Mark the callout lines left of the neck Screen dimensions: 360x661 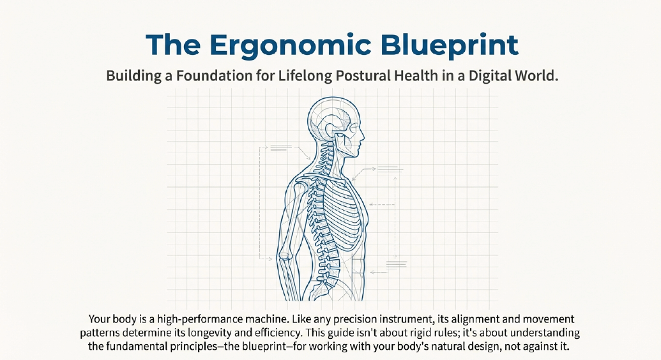tap(280, 148)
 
